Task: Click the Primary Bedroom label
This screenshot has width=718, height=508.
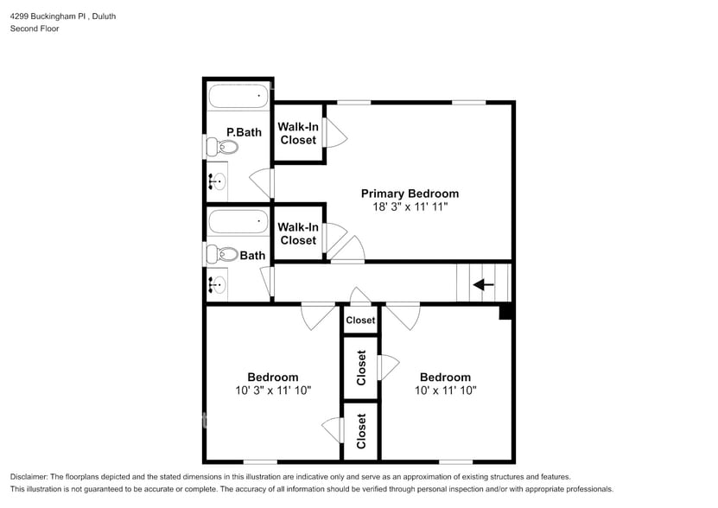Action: pyautogui.click(x=410, y=194)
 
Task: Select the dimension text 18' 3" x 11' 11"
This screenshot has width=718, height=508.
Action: pyautogui.click(x=410, y=207)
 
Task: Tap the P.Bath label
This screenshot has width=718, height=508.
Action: pyautogui.click(x=244, y=132)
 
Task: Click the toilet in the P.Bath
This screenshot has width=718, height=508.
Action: pyautogui.click(x=219, y=147)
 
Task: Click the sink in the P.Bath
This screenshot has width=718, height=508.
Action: pyautogui.click(x=217, y=182)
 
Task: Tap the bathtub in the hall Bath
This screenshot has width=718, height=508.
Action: pyautogui.click(x=238, y=223)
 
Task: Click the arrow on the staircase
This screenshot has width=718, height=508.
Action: pyautogui.click(x=483, y=284)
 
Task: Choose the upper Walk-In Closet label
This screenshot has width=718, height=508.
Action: pyautogui.click(x=298, y=133)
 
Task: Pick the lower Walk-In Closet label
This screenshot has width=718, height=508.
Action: pyautogui.click(x=298, y=233)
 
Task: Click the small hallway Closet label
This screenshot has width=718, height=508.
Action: pyautogui.click(x=360, y=321)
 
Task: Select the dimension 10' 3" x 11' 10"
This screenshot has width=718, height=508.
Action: pyautogui.click(x=273, y=391)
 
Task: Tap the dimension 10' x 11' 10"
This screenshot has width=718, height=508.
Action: pyautogui.click(x=445, y=391)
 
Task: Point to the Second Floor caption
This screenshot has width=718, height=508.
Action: pyautogui.click(x=35, y=29)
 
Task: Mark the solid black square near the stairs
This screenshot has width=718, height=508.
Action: pyautogui.click(x=506, y=312)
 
